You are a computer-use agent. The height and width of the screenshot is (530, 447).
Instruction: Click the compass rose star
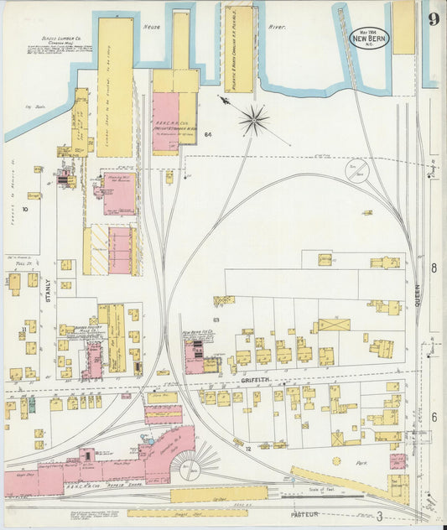252,121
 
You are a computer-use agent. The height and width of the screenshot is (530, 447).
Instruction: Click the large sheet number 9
433,18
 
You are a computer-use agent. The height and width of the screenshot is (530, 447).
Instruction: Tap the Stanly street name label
48,289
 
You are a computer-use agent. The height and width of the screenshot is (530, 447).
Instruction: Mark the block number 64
206,134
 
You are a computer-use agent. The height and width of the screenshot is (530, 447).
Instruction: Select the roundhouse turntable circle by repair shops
190,469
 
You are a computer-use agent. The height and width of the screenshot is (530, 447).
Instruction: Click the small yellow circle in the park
337,460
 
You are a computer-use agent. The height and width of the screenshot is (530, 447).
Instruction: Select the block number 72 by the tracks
248,449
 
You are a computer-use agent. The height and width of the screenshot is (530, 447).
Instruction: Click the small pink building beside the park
398,461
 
